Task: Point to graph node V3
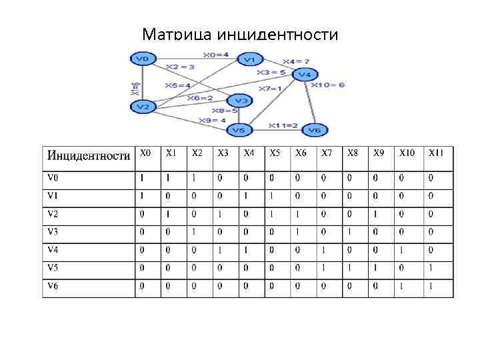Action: pyautogui.click(x=241, y=101)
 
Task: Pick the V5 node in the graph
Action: pyautogui.click(x=238, y=129)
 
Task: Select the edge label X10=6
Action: pyautogui.click(x=328, y=85)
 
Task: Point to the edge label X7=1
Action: pyautogui.click(x=270, y=88)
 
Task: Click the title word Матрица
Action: pyautogui.click(x=174, y=34)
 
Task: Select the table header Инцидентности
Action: pyautogui.click(x=88, y=155)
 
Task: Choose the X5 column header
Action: pyautogui.click(x=275, y=153)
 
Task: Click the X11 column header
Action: pyautogui.click(x=436, y=153)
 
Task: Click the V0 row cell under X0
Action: pyautogui.click(x=141, y=179)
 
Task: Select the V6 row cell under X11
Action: pyautogui.click(x=431, y=287)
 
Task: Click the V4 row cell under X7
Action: pyautogui.click(x=323, y=251)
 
